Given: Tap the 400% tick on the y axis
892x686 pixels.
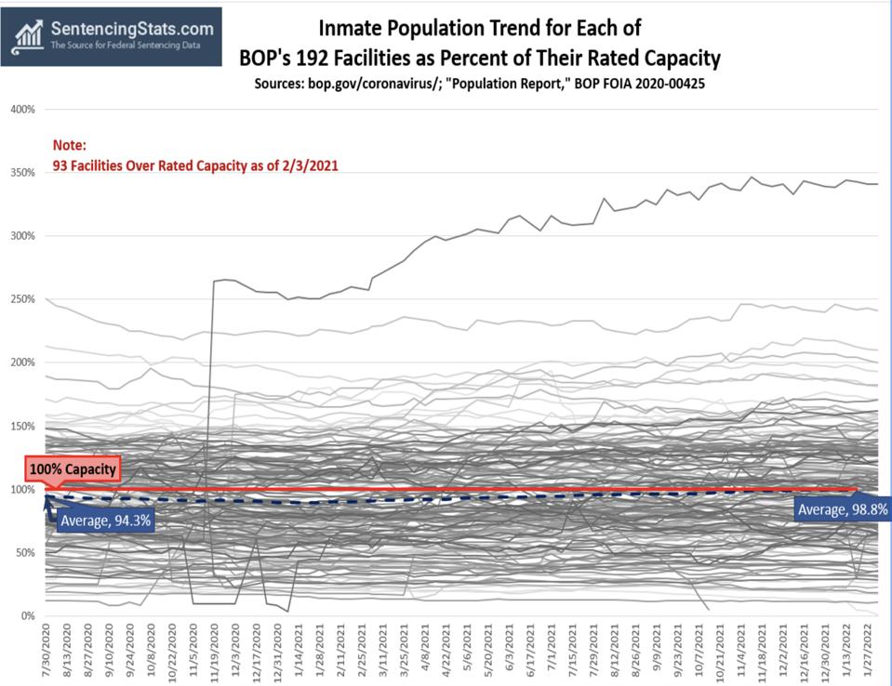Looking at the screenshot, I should point(22,109).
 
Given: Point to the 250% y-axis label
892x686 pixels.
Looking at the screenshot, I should point(22,298).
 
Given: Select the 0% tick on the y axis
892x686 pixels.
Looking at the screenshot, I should point(28,615).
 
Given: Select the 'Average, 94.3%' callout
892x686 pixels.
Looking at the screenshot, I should point(104,521).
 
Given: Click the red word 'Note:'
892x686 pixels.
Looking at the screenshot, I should point(69,146).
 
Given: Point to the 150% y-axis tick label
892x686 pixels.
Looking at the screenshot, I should point(22,426).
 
